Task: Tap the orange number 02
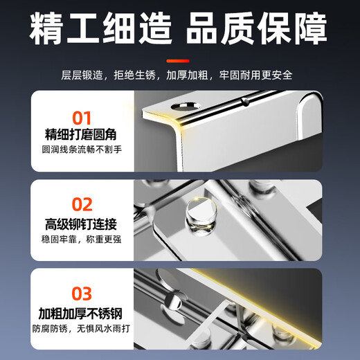pos(82,204)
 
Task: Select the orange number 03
pos(82,291)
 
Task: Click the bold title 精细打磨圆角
pos(82,134)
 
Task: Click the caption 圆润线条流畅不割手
pos(82,150)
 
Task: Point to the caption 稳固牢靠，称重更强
pos(82,239)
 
